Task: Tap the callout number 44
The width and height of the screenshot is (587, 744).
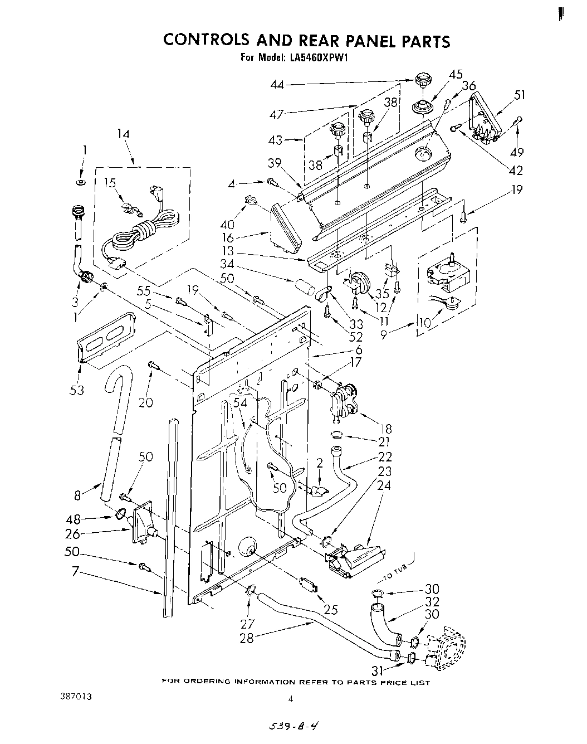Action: [277, 85]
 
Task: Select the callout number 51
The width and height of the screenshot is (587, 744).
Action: [520, 95]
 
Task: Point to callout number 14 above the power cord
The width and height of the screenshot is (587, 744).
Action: [123, 134]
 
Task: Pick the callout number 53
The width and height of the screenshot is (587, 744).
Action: [76, 390]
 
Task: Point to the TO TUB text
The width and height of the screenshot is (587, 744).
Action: [398, 565]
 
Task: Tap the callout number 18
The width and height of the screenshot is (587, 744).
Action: [385, 428]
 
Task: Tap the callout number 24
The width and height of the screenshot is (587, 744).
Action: [384, 485]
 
